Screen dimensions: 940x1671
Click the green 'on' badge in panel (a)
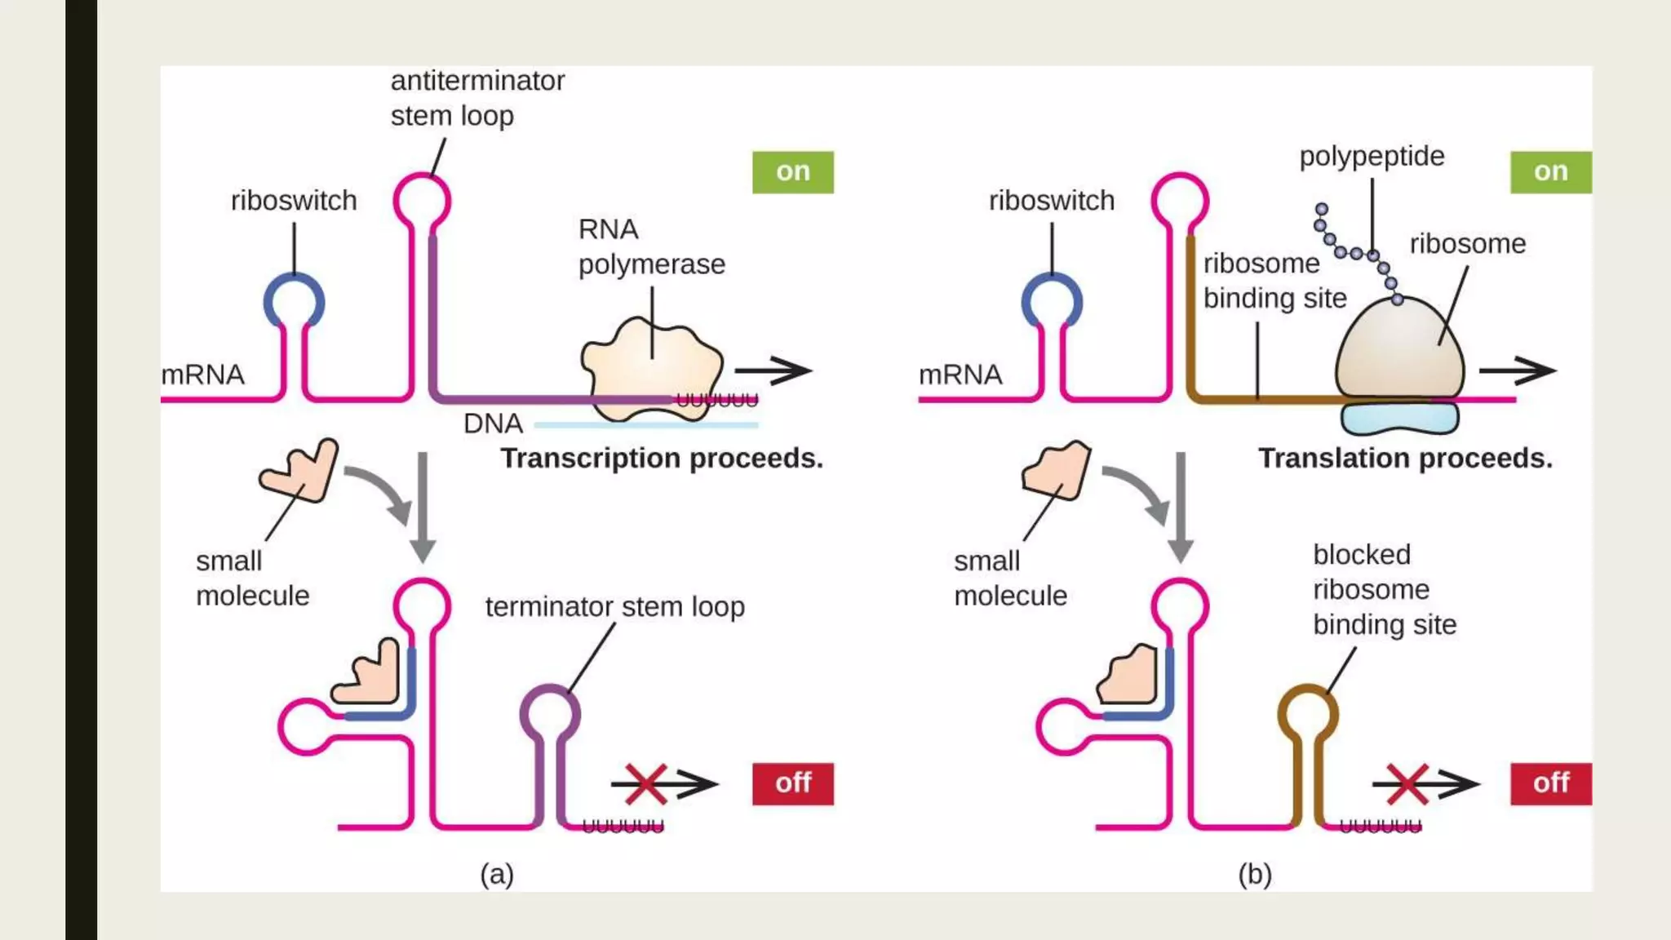pos(792,172)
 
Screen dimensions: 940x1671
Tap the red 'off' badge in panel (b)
pos(1550,783)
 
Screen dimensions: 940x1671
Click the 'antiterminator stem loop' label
pos(476,98)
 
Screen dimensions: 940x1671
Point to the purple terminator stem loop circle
pos(551,714)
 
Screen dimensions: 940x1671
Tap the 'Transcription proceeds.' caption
pos(662,459)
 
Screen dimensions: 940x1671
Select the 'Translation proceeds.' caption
pos(1404,459)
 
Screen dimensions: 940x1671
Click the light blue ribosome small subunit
pos(1399,419)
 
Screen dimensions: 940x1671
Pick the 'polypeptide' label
pos(1372,156)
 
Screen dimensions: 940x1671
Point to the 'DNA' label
pos(493,423)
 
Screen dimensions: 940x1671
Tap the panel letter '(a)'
pos(497,874)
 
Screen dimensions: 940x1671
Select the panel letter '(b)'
pos(1255,874)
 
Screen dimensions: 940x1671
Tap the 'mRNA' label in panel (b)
pos(960,375)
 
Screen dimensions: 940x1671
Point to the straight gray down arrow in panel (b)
pos(1180,506)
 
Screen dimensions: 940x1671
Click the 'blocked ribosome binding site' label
pos(1384,589)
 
